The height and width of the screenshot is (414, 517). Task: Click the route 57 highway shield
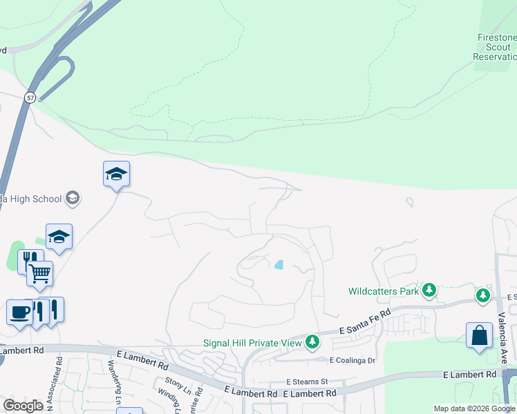tap(30, 97)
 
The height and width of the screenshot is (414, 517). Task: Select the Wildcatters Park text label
tap(384, 291)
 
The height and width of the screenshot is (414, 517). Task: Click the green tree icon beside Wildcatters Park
tap(430, 290)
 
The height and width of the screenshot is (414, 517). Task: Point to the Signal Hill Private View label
tap(252, 342)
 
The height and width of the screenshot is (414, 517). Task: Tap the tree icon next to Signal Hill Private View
tap(312, 342)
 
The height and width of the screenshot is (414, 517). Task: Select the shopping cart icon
tap(40, 273)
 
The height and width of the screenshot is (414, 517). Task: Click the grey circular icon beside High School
tap(73, 199)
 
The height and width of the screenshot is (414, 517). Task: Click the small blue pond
tap(279, 264)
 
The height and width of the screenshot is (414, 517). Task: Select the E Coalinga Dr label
tap(352, 360)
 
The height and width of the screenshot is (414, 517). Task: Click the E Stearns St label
tap(306, 381)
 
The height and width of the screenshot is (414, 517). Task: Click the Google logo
tap(23, 405)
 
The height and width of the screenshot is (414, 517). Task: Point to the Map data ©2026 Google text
tap(473, 408)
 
